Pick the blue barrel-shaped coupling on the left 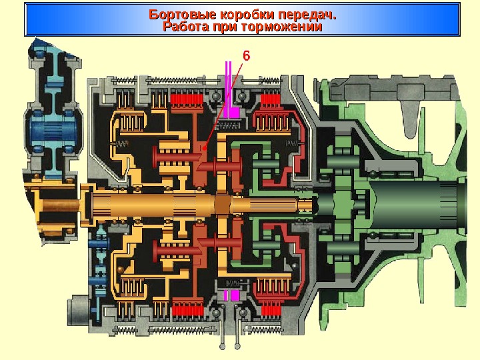point(50,131)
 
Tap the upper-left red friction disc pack point(187,102)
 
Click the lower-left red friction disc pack point(187,309)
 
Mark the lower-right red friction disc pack point(271,309)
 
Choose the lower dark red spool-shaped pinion point(177,251)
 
